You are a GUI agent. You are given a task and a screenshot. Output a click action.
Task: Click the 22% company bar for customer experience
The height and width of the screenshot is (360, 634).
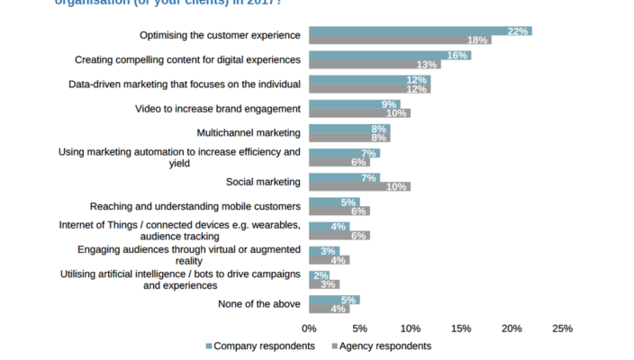tap(420, 31)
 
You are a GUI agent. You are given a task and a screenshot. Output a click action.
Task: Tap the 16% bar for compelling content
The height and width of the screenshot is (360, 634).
tap(390, 55)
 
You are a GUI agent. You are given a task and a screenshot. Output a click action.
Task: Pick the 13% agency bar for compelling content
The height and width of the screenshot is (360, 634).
tap(375, 65)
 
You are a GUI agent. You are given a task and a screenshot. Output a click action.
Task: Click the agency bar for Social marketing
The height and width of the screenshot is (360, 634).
tap(359, 186)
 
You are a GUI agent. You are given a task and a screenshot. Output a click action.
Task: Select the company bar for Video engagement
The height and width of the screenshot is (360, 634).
tap(354, 104)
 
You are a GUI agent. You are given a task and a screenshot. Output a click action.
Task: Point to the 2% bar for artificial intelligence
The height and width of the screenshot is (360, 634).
tap(319, 274)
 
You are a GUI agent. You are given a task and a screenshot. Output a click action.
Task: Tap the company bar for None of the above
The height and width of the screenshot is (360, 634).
tap(334, 300)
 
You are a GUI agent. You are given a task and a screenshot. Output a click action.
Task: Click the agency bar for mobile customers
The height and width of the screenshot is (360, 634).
tap(339, 211)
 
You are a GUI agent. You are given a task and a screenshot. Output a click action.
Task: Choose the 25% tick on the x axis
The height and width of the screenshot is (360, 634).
tap(562, 328)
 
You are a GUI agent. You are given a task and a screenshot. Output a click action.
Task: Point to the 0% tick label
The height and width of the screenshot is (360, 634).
tap(309, 328)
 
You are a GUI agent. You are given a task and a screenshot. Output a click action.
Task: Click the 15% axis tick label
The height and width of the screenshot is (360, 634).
tap(461, 328)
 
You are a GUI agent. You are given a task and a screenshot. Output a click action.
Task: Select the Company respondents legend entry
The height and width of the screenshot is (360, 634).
tap(260, 346)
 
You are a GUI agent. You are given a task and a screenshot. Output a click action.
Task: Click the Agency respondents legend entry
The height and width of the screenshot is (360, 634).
tap(382, 346)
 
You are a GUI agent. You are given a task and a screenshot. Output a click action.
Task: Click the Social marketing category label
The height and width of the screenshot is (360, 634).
tap(263, 182)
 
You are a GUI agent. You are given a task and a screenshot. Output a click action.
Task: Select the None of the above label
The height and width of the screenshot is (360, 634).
tap(258, 304)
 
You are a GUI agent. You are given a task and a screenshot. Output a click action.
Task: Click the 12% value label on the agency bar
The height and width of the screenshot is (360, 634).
tap(418, 89)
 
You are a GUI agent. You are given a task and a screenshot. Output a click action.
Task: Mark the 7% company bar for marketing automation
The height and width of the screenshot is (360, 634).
tap(344, 153)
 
